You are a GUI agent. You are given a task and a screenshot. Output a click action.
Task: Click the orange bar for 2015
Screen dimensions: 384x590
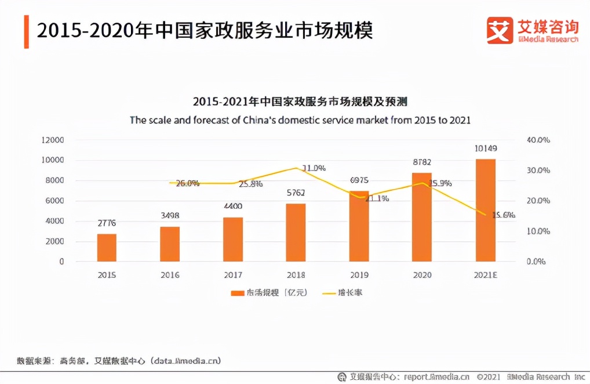click(107, 248)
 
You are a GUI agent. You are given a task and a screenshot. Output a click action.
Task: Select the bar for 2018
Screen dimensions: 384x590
click(296, 233)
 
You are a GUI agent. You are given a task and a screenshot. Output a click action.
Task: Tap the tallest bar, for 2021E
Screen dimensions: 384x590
click(485, 210)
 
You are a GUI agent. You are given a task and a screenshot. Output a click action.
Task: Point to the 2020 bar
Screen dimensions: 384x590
click(422, 217)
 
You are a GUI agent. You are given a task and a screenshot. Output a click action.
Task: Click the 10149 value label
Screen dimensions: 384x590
click(485, 148)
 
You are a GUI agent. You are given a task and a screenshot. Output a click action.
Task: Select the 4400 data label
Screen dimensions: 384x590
click(233, 206)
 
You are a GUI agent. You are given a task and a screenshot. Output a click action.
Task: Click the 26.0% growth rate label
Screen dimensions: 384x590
click(187, 183)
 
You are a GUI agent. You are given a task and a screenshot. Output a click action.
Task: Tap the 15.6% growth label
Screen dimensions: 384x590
click(504, 215)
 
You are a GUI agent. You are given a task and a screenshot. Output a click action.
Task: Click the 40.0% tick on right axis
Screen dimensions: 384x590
click(538, 140)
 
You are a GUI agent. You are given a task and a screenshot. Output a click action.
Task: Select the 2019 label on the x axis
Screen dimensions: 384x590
click(359, 275)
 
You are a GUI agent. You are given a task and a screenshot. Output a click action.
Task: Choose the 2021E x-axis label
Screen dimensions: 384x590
click(485, 275)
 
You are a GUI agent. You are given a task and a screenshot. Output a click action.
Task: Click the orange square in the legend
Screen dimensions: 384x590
click(238, 293)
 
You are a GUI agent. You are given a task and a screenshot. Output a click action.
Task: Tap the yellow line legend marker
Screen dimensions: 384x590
click(329, 293)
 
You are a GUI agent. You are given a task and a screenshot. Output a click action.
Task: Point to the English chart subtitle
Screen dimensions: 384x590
click(300, 120)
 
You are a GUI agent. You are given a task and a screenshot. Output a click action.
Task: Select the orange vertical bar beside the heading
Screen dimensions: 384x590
click(27, 32)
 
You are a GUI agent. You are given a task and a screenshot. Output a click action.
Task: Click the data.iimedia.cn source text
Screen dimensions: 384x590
click(186, 361)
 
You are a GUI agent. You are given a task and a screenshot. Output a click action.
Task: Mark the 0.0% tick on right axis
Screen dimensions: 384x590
click(536, 261)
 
